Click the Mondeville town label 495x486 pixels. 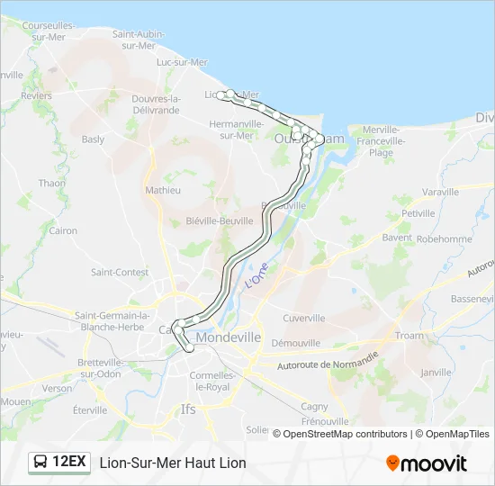228,337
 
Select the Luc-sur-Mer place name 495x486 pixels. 182,62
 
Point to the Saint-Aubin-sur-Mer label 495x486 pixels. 138,40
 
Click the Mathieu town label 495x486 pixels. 163,190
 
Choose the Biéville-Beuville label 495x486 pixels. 219,220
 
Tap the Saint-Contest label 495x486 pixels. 120,272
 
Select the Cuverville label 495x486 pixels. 303,318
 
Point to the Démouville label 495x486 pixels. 296,343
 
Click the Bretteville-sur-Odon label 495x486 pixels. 112,367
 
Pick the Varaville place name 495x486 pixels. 440,193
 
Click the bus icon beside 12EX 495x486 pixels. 41,463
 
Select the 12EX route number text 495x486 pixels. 69,463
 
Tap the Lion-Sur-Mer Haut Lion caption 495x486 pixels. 173,463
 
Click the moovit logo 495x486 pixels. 427,463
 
